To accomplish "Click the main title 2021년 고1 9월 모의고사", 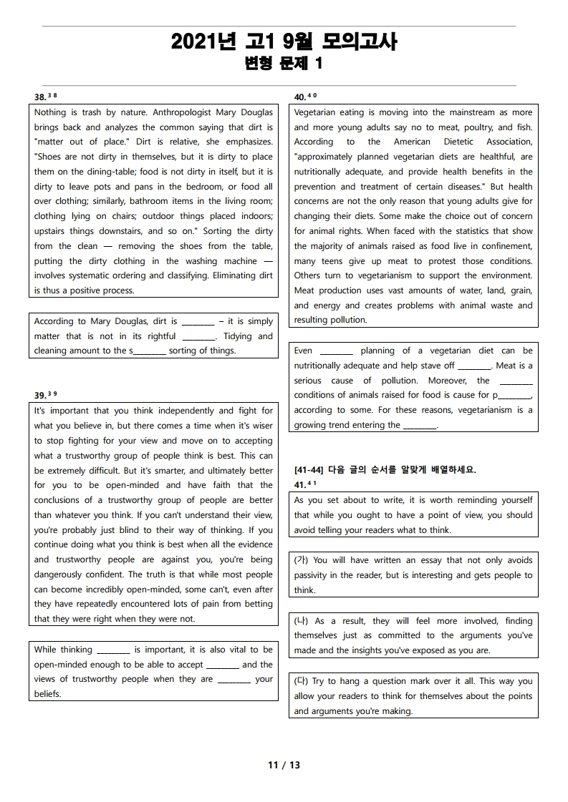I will pyautogui.click(x=284, y=42).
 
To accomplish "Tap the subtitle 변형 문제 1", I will pyautogui.click(x=284, y=64).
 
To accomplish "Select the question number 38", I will pyautogui.click(x=40, y=97).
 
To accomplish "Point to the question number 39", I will pyautogui.click(x=40, y=395).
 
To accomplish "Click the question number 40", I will pyautogui.click(x=301, y=97).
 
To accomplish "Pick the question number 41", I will pyautogui.click(x=301, y=484).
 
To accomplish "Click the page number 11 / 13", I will pyautogui.click(x=284, y=765).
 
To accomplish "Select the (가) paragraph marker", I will pyautogui.click(x=301, y=560).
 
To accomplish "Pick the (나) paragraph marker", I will pyautogui.click(x=301, y=621).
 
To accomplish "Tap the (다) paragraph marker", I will pyautogui.click(x=301, y=681).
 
